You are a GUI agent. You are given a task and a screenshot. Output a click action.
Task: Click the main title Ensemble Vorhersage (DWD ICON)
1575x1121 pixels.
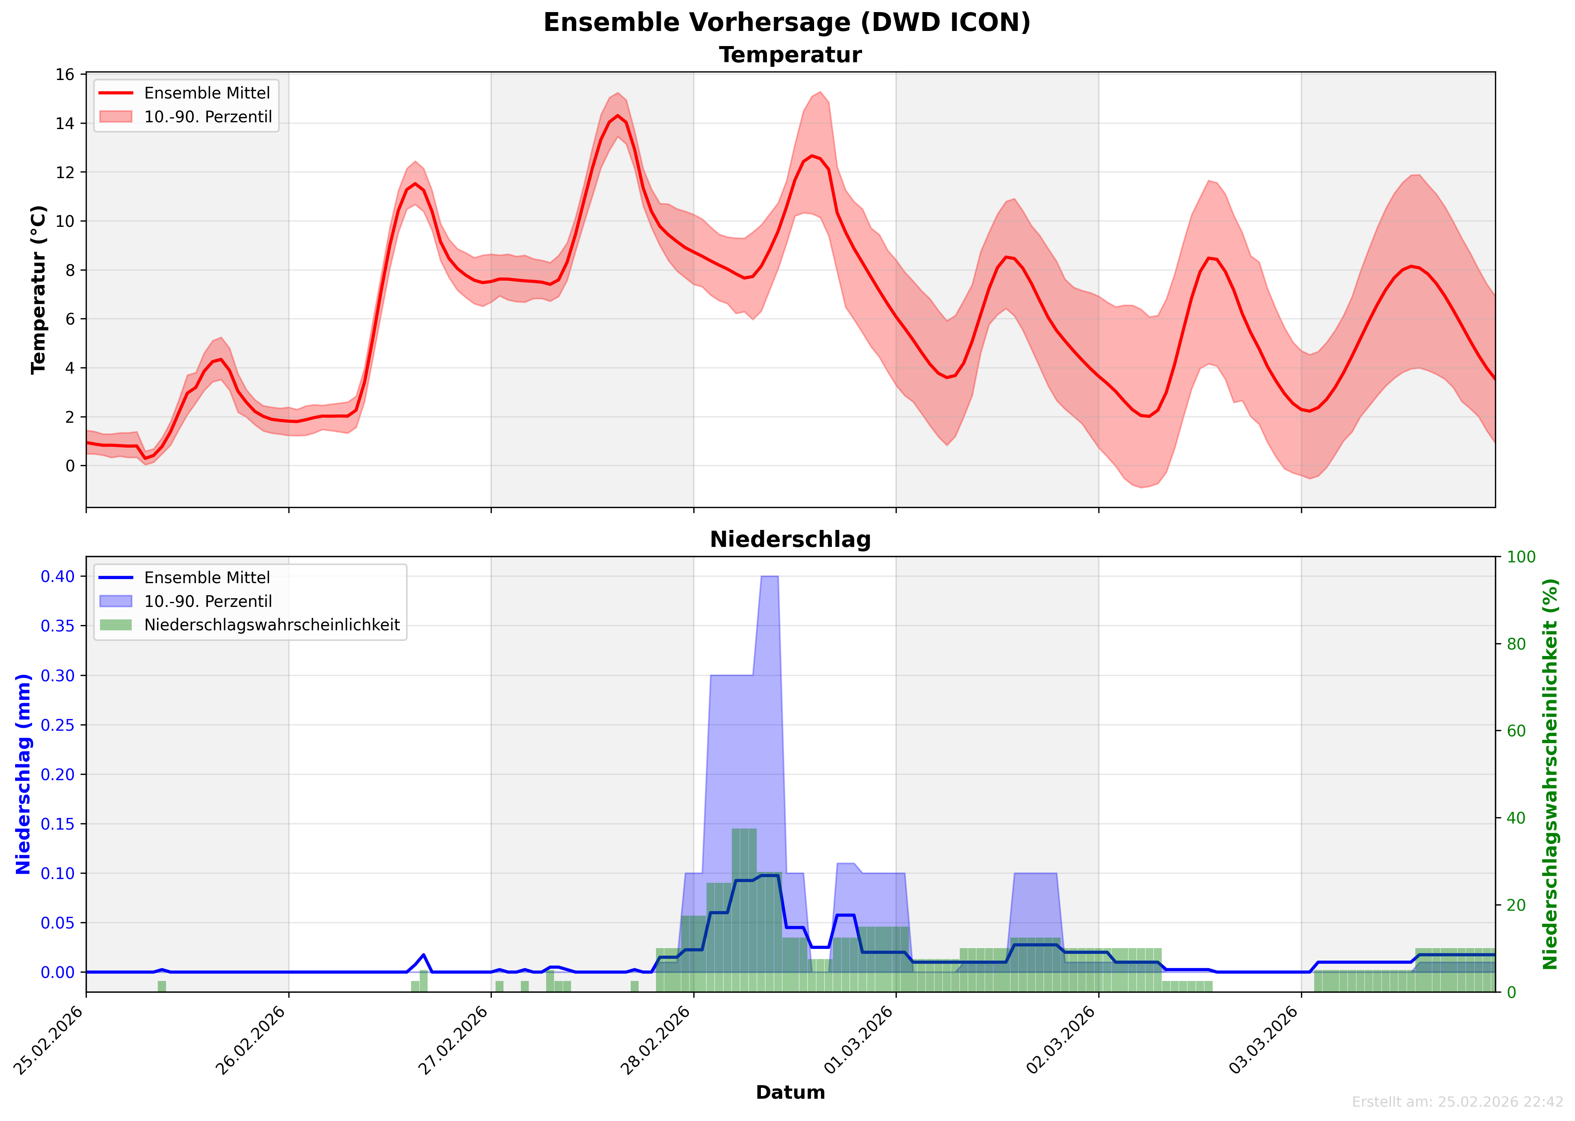tap(787, 23)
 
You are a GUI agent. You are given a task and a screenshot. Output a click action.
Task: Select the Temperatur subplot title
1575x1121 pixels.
tap(790, 55)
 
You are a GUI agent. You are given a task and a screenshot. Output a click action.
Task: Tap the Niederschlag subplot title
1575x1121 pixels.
tap(790, 540)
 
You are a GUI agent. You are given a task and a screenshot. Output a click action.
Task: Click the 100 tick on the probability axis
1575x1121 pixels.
tap(1521, 557)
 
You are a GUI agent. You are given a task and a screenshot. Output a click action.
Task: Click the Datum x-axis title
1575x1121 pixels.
tap(790, 1092)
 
